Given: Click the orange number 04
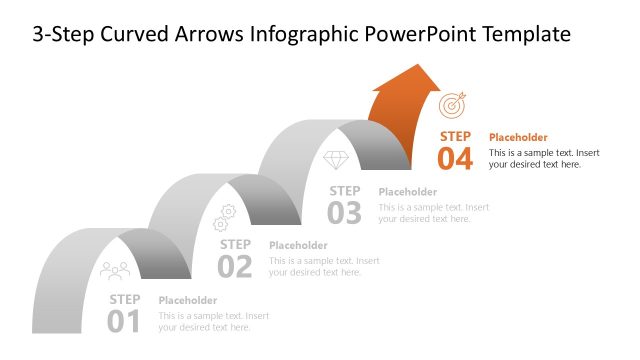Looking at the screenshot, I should pos(455,159).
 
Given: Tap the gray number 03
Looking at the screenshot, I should pos(345,212).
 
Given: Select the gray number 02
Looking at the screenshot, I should pos(235,266).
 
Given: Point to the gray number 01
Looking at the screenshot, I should pos(125,320).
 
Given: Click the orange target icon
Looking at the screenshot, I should pos(453,103).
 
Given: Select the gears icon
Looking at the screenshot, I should pos(225,213).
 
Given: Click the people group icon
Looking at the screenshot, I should pos(115,269).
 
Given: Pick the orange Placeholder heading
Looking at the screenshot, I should pos(518,137).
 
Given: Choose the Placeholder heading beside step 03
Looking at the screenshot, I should pos(408,192).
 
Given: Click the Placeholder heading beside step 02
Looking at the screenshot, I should pos(298,245).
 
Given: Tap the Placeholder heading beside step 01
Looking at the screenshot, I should pos(188,300).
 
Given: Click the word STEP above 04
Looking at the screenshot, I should pos(455,136).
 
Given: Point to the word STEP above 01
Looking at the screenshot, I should pos(125,299).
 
